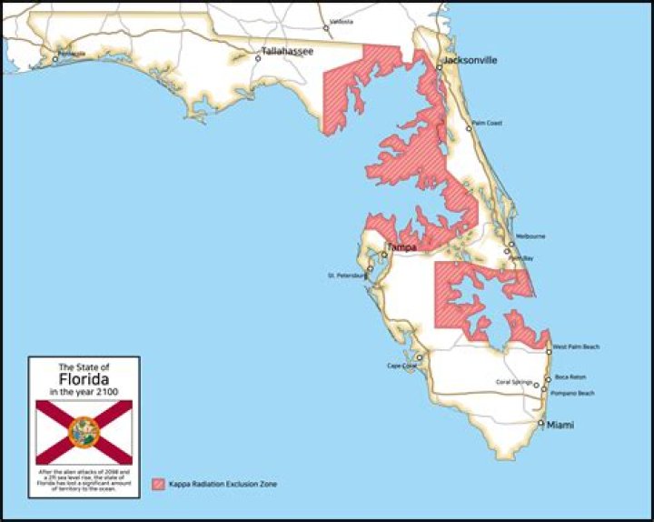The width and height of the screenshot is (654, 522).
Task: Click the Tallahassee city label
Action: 287,52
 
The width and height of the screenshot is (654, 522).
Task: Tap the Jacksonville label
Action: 470,61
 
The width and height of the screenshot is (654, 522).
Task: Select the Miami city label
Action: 560,425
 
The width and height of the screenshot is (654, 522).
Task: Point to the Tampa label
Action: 401,247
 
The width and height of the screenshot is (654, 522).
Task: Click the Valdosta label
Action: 342,21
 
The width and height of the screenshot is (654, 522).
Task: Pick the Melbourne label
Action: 530,236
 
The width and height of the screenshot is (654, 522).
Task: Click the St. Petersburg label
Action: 345,275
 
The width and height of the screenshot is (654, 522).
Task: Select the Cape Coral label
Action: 401,366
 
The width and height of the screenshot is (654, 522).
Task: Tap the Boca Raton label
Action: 570,376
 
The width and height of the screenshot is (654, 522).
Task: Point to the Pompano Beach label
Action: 572,393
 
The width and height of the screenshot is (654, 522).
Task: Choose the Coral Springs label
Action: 515,382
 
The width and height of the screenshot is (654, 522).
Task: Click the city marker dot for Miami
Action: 541,423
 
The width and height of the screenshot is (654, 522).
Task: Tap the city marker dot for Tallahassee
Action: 258,58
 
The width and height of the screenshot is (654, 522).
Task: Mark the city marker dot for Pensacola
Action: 55,58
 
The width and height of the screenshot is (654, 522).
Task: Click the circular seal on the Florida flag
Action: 84,432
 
